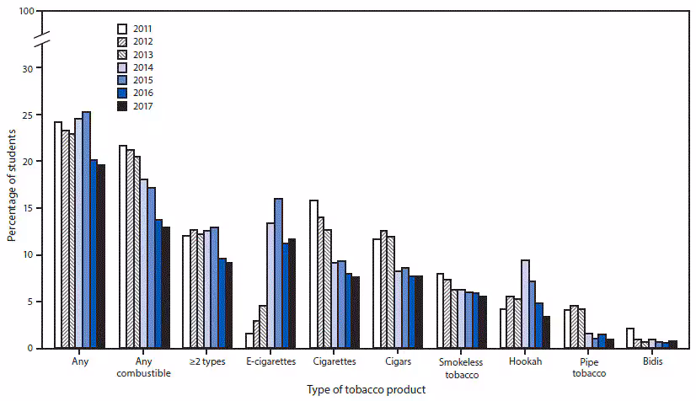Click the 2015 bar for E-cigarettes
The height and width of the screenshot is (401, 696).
coord(278,273)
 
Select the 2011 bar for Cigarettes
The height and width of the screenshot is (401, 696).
coord(314,274)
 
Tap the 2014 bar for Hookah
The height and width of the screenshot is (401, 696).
coord(526,303)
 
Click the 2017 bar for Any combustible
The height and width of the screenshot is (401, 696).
coord(165,287)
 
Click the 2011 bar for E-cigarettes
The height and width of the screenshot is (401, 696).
coord(249,340)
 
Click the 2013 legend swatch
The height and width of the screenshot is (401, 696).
coord(121,54)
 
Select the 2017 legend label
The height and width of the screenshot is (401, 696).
coord(143,106)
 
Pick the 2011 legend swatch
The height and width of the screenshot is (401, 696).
coord(121,28)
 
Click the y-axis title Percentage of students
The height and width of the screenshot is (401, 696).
coord(12,181)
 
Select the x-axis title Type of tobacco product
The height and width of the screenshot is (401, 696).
coord(367,389)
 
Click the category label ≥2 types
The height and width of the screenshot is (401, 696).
coord(205,361)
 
